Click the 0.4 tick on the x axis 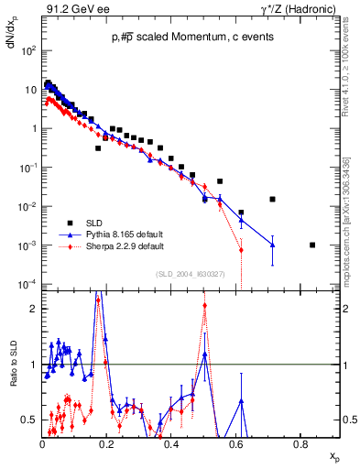[172, 443]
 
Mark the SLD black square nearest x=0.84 [312, 245]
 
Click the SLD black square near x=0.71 [272, 199]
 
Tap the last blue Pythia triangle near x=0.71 [272, 245]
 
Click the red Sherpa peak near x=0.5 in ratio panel [204, 306]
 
